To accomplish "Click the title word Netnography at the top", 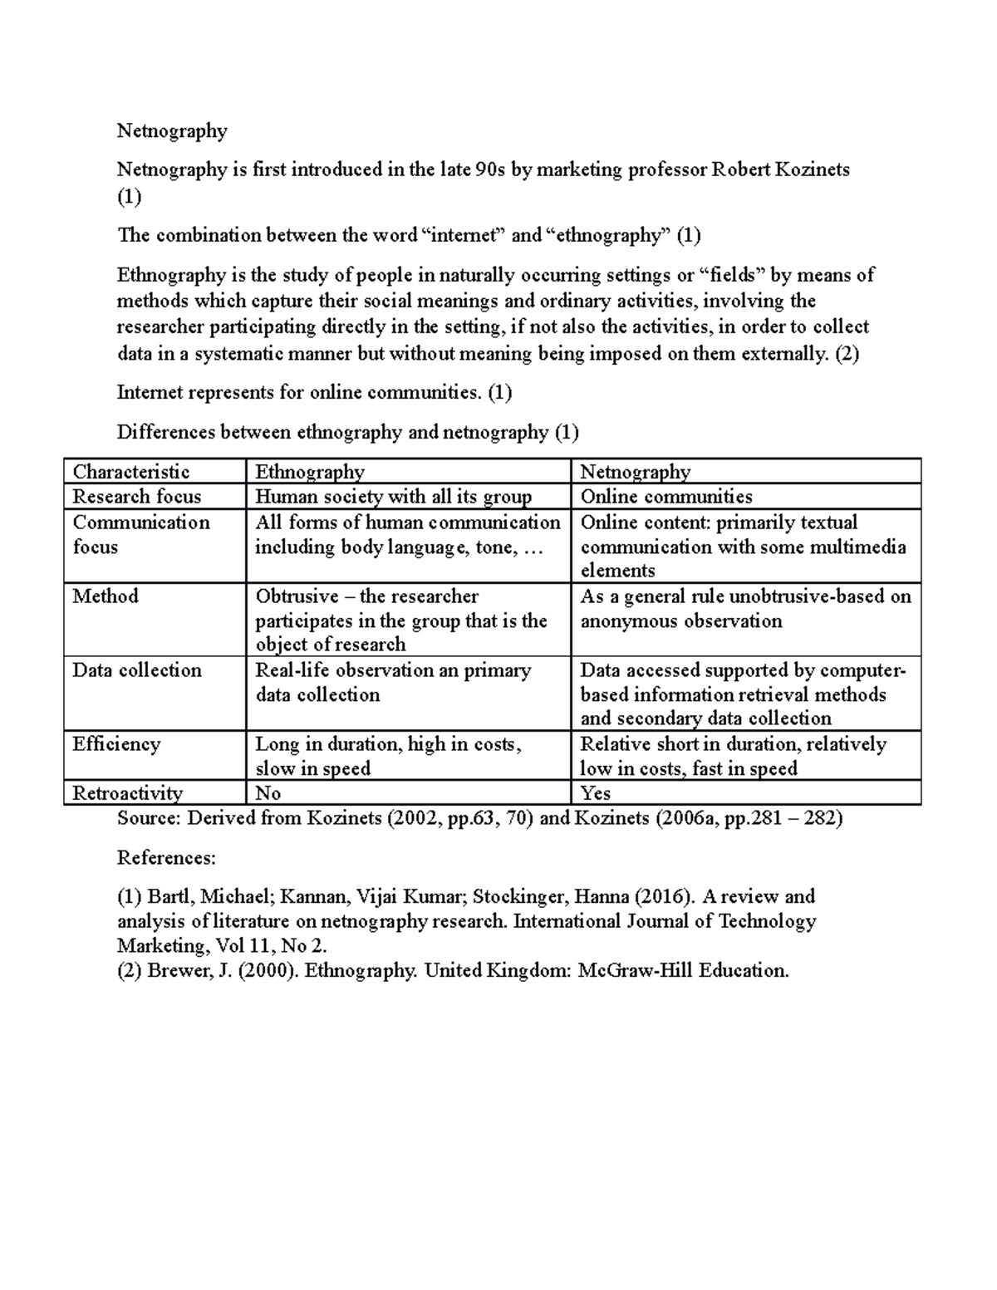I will pos(172,130).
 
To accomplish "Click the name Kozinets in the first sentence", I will pos(812,169).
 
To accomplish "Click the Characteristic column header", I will pos(131,472).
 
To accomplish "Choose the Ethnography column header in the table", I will pos(310,472).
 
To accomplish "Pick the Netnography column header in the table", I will pos(636,472).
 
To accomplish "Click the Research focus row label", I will pos(137,497).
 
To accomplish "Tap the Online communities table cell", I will pos(666,497).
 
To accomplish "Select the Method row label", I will pos(106,596).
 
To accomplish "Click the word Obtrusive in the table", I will pos(297,596).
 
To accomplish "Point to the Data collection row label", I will pos(137,670).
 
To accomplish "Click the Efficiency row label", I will pos(116,743).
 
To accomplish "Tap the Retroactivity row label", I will pos(128,792).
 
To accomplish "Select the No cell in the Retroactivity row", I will pos(268,792).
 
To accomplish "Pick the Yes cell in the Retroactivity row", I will pos(595,792).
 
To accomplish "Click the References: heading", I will pos(166,857).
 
